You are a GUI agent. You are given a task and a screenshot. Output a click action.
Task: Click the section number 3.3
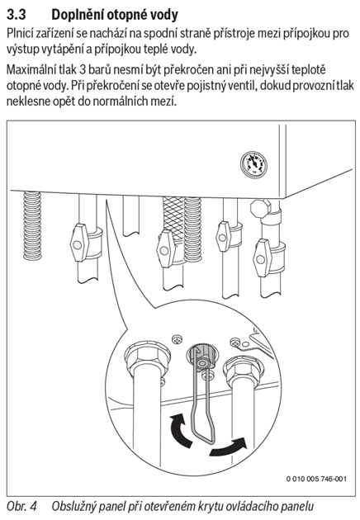click(17, 15)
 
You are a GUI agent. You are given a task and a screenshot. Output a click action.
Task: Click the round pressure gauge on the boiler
click(253, 163)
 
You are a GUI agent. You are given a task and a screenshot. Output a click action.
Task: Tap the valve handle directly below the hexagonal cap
click(262, 258)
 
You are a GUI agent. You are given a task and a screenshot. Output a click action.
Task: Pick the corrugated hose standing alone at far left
click(32, 225)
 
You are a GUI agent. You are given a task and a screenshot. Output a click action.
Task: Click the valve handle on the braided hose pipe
click(166, 248)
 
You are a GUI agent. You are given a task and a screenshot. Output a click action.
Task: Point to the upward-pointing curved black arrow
click(180, 430)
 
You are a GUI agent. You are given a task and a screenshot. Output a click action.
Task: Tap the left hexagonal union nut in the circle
click(147, 357)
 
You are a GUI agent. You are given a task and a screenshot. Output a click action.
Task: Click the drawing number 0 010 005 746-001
click(316, 479)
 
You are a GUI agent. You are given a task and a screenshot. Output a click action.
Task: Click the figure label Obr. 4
click(22, 507)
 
